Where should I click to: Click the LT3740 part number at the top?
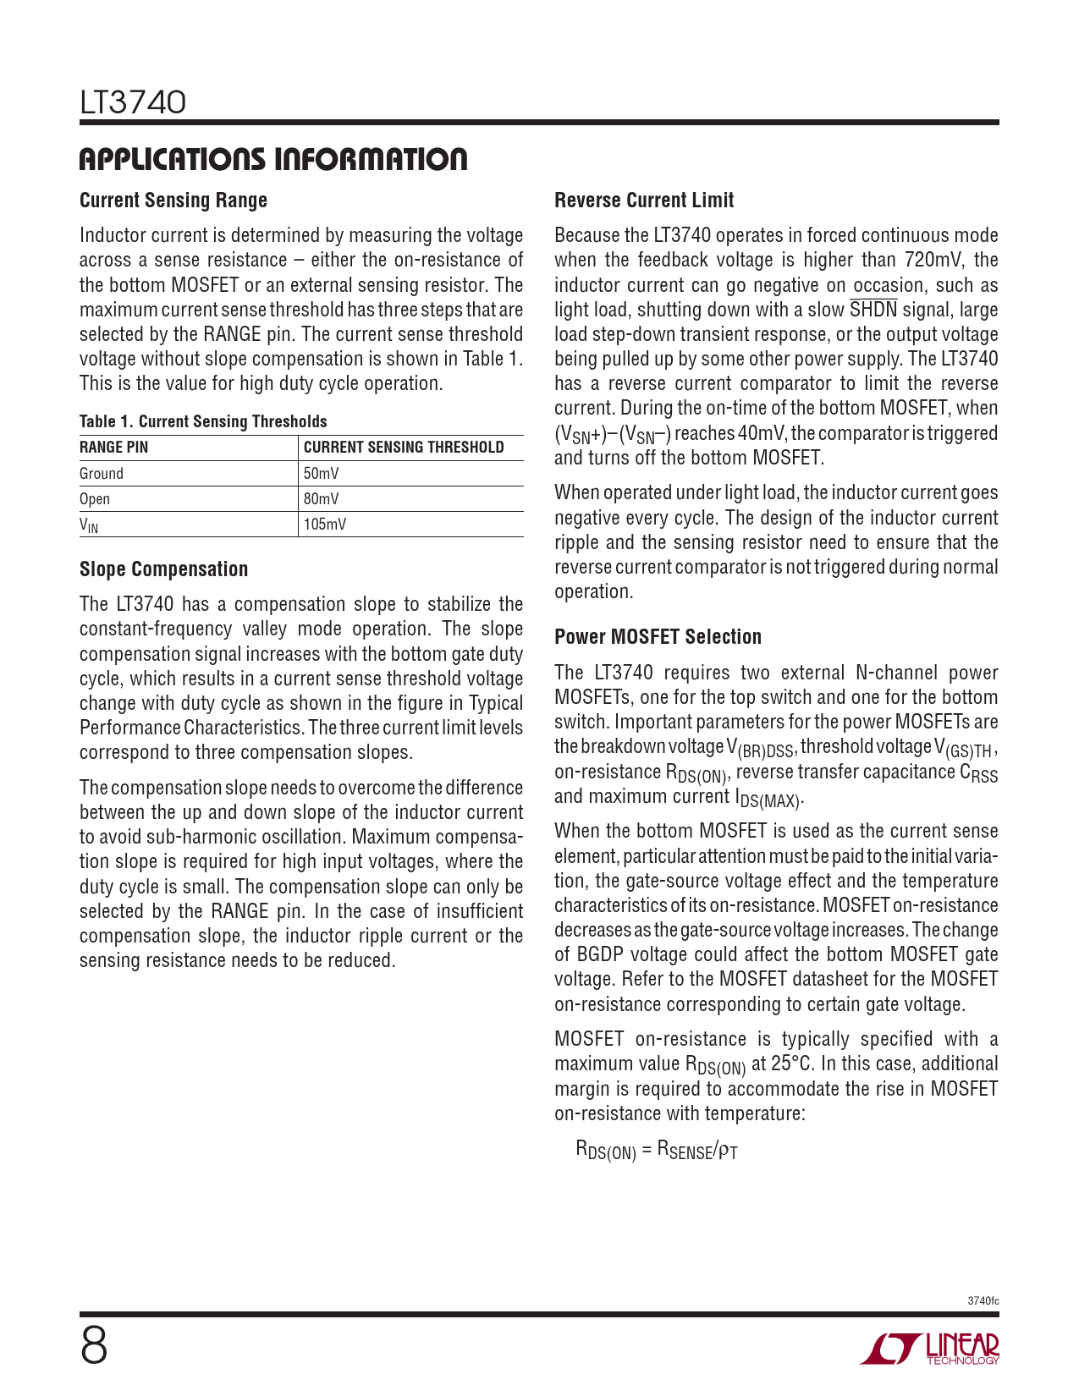133,103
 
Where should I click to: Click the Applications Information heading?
273,159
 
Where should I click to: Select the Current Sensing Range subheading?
173,201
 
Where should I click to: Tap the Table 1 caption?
203,421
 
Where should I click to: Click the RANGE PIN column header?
113,448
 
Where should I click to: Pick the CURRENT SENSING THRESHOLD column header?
404,448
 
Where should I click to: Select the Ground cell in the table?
102,474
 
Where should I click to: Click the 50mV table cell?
322,474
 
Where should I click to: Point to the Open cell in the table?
95,499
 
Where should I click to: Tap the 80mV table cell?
322,499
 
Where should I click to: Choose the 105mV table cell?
325,525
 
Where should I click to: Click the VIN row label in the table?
89,525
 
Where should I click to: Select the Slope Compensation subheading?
163,569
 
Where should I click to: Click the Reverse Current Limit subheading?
644,201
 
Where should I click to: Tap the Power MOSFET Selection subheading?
658,637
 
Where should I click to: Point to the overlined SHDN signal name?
873,310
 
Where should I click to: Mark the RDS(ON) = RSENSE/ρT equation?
657,1150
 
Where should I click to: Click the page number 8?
94,1346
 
